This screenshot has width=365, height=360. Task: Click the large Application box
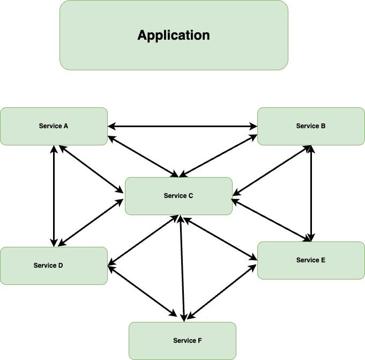(174, 35)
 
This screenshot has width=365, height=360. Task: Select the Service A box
(54, 126)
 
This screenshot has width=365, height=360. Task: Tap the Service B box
(311, 126)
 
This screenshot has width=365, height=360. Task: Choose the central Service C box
(178, 196)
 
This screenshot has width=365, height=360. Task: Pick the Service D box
(54, 266)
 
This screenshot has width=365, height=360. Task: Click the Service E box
(311, 260)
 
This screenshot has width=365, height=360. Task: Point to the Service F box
(182, 341)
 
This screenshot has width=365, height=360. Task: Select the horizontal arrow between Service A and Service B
(182, 127)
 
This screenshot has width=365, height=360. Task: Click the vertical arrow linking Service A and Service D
(54, 196)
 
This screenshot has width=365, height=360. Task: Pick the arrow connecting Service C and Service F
(183, 268)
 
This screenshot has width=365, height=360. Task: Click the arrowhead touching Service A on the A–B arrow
(112, 127)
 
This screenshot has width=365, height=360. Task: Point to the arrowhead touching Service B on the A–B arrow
(253, 127)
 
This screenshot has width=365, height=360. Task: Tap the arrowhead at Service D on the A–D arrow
(54, 243)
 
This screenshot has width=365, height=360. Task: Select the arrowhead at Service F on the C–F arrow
(184, 318)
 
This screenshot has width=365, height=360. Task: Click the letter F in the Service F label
(200, 341)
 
